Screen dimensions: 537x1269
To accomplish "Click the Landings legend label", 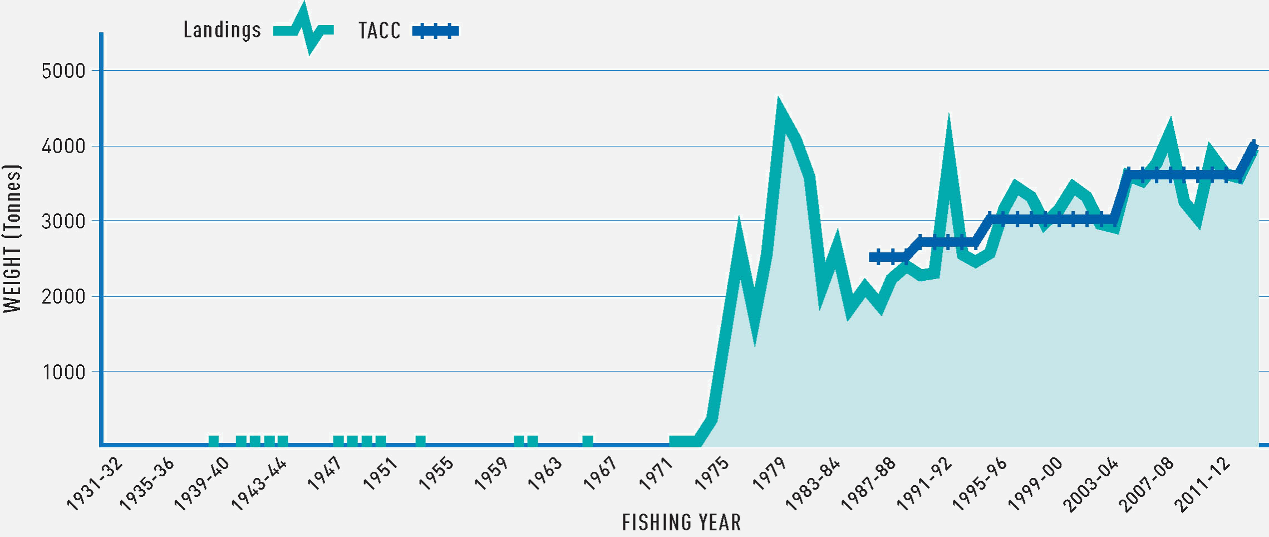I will click(x=222, y=30).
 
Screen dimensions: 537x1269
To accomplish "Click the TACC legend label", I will click(x=379, y=31).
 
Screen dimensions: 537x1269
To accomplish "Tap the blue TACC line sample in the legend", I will click(x=435, y=31).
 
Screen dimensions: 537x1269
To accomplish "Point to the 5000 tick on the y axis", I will click(x=63, y=71).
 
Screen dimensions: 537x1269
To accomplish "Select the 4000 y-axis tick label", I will click(x=63, y=147).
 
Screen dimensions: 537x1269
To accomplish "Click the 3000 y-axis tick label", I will click(x=63, y=221).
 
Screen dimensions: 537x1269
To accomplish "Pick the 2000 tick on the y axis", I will click(x=63, y=296).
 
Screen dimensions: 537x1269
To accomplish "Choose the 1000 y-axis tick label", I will click(x=63, y=372).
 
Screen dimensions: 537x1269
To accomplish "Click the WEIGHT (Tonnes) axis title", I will click(x=12, y=238).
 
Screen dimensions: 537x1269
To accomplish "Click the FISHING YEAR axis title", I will click(x=681, y=523).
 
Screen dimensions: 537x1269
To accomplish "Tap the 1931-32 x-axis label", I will click(x=95, y=484).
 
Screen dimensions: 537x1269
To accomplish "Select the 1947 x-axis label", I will click(x=324, y=473).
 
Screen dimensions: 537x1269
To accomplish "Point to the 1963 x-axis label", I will click(x=545, y=473).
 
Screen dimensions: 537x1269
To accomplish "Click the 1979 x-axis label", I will click(x=769, y=473).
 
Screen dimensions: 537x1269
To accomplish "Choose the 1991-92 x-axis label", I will click(x=924, y=484).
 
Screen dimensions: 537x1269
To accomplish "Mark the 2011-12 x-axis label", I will click(x=1202, y=484).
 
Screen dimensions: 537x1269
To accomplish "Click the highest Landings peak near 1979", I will click(x=779, y=103).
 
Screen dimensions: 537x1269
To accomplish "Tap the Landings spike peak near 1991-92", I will click(x=948, y=120).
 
